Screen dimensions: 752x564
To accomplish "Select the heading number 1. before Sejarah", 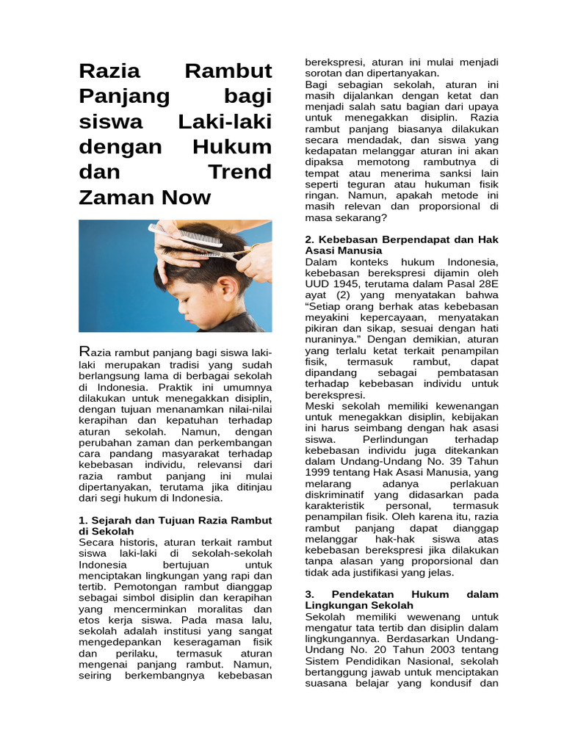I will [83, 521].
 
